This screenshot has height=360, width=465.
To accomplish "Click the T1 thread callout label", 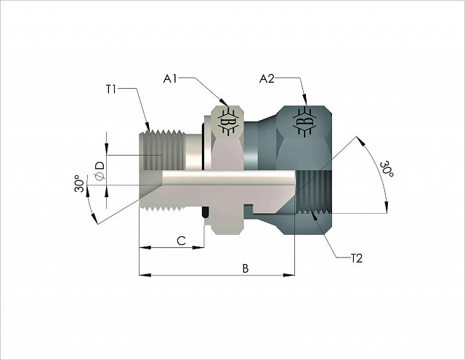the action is (x=111, y=89).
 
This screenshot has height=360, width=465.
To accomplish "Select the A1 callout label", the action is (x=170, y=79).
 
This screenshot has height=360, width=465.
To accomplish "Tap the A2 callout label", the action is (x=267, y=79).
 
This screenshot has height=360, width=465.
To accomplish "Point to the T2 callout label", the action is (x=357, y=258).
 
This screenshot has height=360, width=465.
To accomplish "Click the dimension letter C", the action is (x=181, y=241).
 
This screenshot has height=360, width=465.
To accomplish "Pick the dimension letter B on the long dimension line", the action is (x=246, y=268).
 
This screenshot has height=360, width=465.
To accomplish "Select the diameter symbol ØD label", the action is (x=100, y=171).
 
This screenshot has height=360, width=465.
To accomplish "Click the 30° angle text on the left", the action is (x=79, y=184).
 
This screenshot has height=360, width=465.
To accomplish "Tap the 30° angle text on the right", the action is (x=387, y=169).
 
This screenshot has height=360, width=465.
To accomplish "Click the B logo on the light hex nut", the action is (x=229, y=122).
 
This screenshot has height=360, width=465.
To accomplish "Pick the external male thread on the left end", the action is (x=162, y=150).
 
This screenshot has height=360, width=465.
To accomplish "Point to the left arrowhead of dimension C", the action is (x=145, y=247).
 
